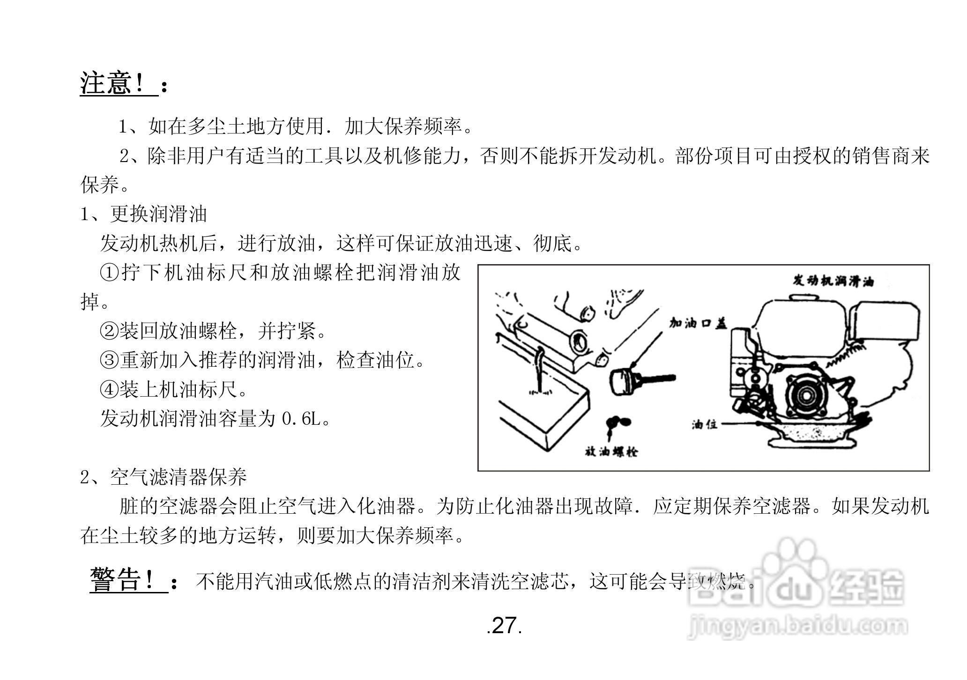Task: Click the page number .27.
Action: [504, 626]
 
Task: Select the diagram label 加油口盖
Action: [698, 323]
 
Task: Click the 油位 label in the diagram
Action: [705, 424]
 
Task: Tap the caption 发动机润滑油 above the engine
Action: [833, 281]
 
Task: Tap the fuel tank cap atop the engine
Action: [804, 297]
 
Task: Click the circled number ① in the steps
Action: [110, 273]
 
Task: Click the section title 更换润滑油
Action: [158, 214]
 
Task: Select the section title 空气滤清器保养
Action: [178, 478]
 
